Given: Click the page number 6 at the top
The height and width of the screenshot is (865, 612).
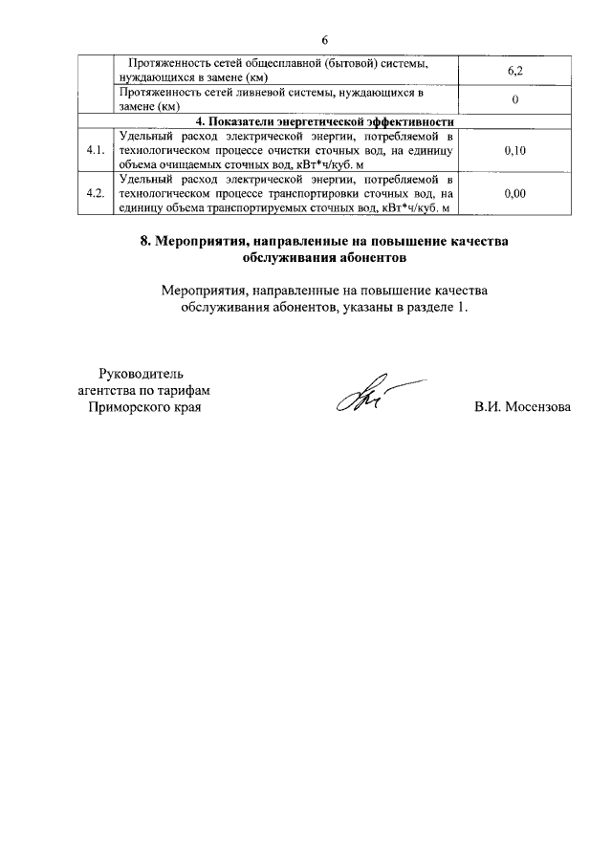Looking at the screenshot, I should [324, 39].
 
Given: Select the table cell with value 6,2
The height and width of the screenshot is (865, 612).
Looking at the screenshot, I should [514, 70].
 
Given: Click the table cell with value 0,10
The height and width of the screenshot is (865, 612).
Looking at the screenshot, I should [514, 151].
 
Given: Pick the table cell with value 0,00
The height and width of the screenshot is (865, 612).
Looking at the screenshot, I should [514, 194].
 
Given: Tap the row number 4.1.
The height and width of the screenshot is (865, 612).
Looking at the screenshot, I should [95, 151].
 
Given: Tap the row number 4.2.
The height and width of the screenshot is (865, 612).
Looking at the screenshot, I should [95, 194].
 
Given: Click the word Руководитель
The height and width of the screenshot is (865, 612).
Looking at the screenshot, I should [146, 373].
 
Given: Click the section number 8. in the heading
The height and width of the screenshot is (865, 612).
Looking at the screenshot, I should [146, 242].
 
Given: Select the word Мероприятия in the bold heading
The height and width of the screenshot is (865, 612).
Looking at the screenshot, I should [198, 242].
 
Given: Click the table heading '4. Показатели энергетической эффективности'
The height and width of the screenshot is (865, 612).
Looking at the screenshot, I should [324, 122].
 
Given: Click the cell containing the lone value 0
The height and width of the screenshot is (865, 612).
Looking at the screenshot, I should [514, 99].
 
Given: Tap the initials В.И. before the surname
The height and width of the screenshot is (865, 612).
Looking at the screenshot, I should [488, 408].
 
